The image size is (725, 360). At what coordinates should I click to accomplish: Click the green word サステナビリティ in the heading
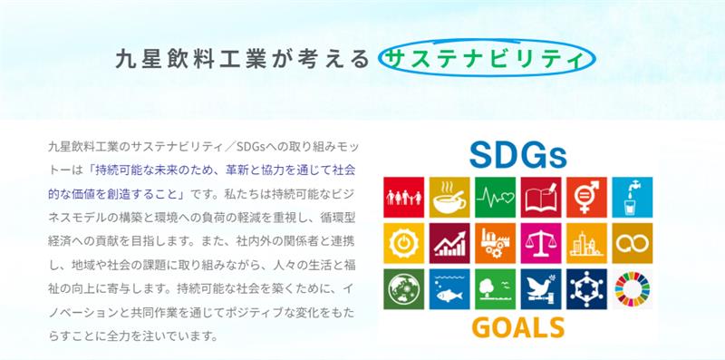(483, 59)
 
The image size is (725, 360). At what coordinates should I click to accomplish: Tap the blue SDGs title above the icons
(517, 155)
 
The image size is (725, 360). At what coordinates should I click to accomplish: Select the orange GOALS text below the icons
(517, 327)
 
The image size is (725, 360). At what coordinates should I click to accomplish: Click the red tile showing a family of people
(403, 197)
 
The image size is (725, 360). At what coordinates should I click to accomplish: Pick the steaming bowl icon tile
(449, 197)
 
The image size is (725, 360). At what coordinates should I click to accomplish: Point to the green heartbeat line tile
(495, 197)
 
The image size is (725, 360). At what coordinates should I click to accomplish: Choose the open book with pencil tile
(541, 197)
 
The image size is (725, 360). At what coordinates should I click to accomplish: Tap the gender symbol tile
(586, 197)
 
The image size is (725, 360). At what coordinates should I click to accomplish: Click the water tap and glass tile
(633, 197)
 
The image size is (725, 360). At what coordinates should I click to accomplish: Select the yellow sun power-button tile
(403, 243)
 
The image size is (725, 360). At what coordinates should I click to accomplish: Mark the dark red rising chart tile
(449, 243)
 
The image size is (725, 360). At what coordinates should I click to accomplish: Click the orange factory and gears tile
(495, 243)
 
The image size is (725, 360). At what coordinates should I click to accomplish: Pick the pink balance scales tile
(541, 243)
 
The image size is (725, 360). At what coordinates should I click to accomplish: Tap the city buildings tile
(586, 243)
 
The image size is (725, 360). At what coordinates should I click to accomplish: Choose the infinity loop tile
(633, 243)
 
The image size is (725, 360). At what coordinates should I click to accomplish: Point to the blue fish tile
(449, 288)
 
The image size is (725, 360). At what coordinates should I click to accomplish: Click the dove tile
(541, 288)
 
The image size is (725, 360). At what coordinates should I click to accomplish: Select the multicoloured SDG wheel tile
(633, 288)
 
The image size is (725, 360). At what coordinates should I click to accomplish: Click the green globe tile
(403, 288)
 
